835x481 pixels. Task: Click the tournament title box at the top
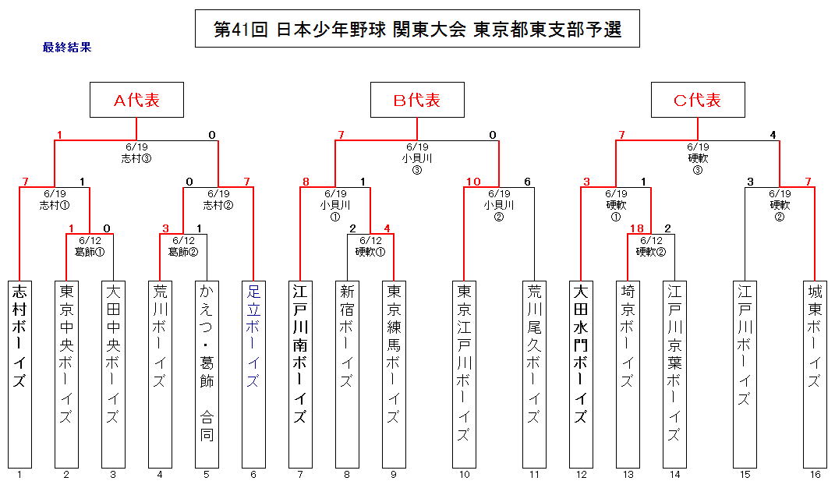pyautogui.click(x=417, y=29)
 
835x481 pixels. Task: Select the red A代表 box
pyautogui.click(x=136, y=100)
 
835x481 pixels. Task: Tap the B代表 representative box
pyautogui.click(x=417, y=100)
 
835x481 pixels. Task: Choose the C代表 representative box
pyautogui.click(x=698, y=100)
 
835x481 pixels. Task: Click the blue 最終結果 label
pyautogui.click(x=67, y=47)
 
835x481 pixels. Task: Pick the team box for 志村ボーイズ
pyautogui.click(x=19, y=373)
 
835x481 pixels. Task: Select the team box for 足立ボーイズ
pyautogui.click(x=253, y=373)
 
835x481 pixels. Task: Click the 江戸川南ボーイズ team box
pyautogui.click(x=300, y=373)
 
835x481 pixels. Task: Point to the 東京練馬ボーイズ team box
pyautogui.click(x=394, y=373)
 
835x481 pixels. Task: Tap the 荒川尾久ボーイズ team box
pyautogui.click(x=534, y=373)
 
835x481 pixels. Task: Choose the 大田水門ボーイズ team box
pyautogui.click(x=581, y=373)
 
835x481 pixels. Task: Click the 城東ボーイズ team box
pyautogui.click(x=815, y=373)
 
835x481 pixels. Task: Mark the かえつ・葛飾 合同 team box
pyautogui.click(x=207, y=373)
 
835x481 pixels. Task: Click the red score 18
pyautogui.click(x=637, y=228)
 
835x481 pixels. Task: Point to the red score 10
pyautogui.click(x=472, y=182)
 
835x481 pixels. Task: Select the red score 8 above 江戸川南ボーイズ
pyautogui.click(x=306, y=182)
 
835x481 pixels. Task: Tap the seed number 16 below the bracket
pyautogui.click(x=815, y=474)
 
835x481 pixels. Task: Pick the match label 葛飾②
pyautogui.click(x=183, y=252)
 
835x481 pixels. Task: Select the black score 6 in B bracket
pyautogui.click(x=527, y=182)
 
